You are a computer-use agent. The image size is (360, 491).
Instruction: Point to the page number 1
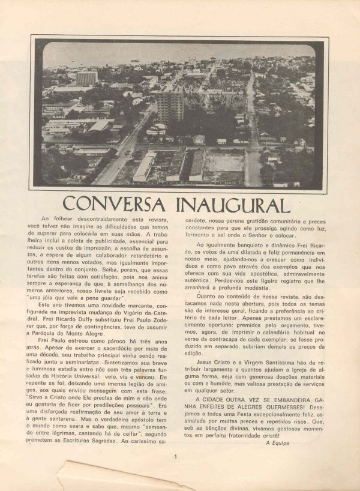pos(175,457)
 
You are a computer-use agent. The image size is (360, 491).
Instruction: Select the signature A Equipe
pos(277,443)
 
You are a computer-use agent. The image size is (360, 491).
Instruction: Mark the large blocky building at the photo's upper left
pos(86,78)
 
